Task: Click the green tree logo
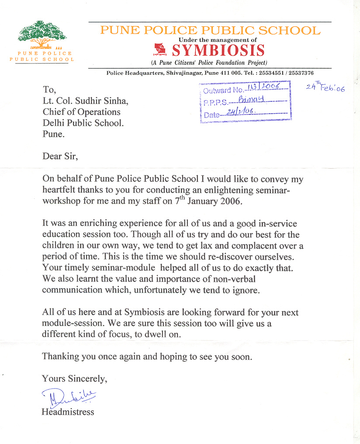click(x=42, y=34)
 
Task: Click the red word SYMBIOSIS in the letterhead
click(x=218, y=51)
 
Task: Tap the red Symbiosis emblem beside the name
click(x=160, y=50)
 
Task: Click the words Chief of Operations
click(x=81, y=112)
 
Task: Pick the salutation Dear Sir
click(x=59, y=156)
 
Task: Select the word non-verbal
click(x=231, y=278)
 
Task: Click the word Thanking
click(x=61, y=357)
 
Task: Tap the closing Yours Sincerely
click(x=74, y=378)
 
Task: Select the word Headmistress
click(x=68, y=411)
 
